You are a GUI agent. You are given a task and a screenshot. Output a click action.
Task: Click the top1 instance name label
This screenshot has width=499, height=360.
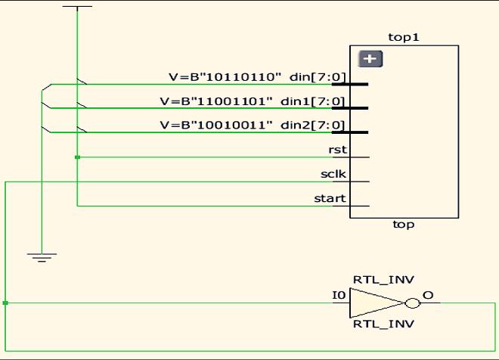(x=403, y=36)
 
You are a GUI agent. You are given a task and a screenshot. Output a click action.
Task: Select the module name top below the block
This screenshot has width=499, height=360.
(x=403, y=225)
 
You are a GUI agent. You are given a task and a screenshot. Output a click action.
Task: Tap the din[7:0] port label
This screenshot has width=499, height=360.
(x=318, y=76)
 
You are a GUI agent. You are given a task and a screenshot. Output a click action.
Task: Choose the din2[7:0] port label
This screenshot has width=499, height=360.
(x=314, y=125)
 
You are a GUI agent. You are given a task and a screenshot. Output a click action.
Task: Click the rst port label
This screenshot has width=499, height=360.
(x=338, y=150)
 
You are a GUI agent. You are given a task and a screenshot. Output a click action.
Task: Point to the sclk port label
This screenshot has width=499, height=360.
(x=333, y=174)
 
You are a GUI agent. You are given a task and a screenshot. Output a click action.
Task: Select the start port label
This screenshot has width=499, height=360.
(x=330, y=199)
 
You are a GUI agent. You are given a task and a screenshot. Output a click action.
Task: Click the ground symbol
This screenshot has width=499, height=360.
(x=42, y=256)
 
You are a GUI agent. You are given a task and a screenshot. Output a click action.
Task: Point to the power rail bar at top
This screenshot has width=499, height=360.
(x=77, y=6)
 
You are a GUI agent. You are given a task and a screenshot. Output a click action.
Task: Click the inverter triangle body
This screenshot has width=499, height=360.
(x=373, y=303)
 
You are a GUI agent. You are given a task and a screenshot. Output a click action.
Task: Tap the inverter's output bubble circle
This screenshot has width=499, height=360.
(x=412, y=303)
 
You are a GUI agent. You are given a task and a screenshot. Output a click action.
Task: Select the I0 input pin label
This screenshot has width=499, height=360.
(x=339, y=295)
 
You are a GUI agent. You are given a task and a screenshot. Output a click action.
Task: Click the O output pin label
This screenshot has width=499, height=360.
(x=428, y=295)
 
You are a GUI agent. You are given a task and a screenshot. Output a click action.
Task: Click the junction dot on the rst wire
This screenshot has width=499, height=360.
(x=77, y=157)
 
